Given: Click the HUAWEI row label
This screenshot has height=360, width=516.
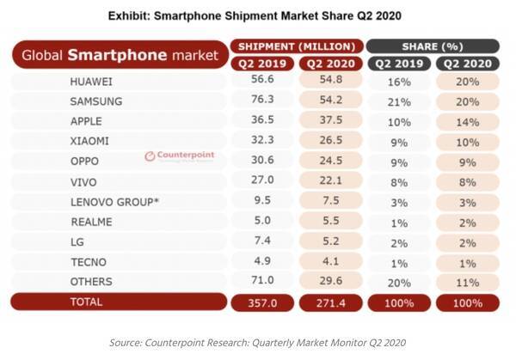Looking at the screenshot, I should click(91, 81).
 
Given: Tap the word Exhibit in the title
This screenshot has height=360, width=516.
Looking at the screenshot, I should click(130, 15).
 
